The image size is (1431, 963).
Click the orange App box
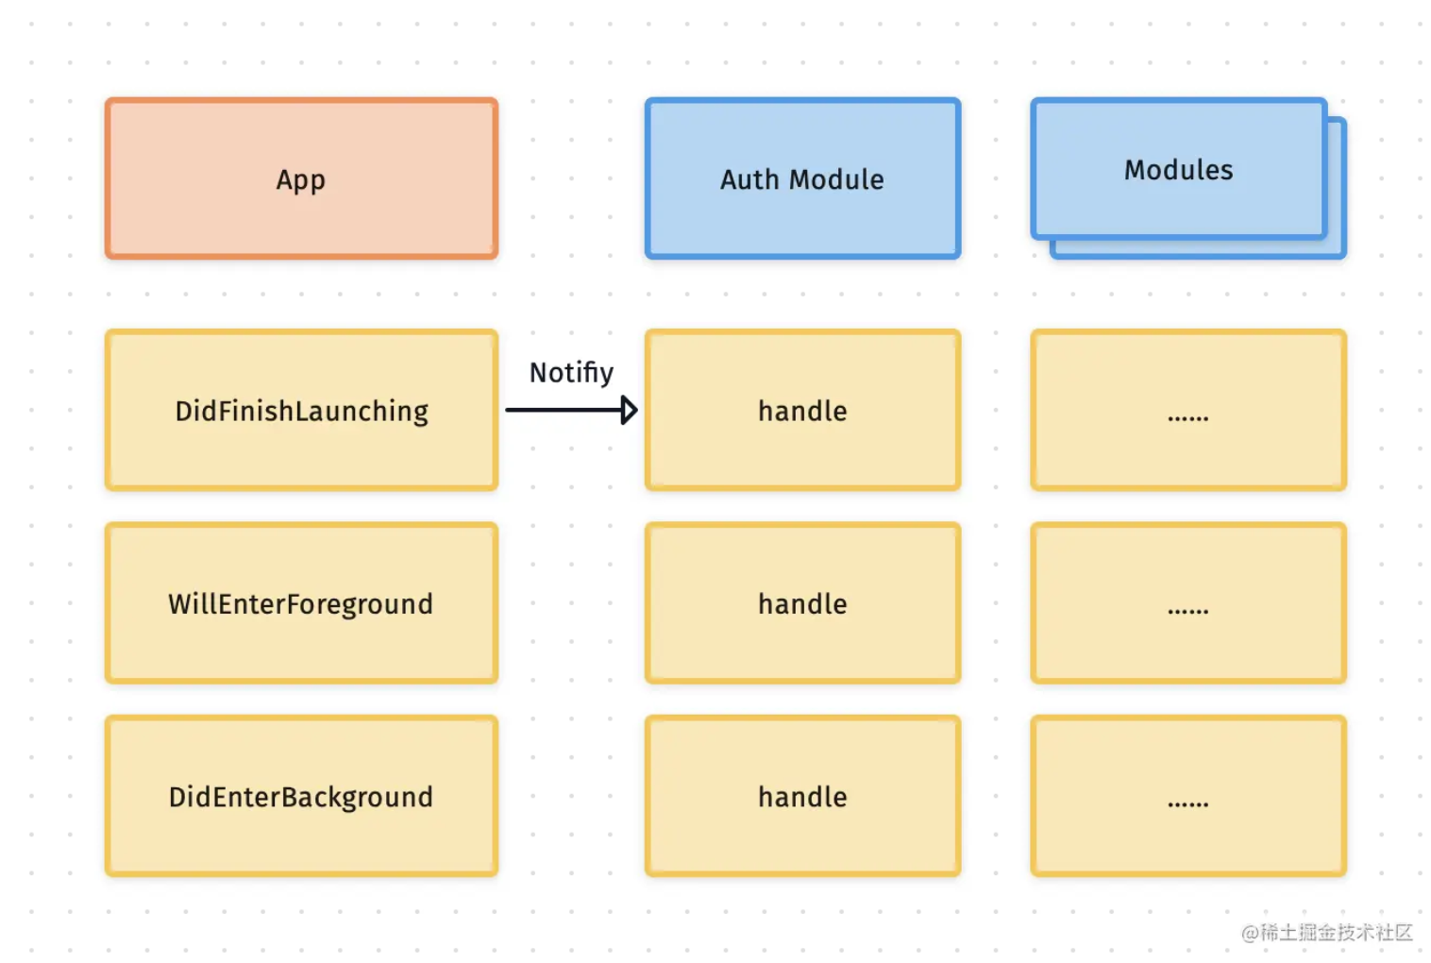pyautogui.click(x=301, y=178)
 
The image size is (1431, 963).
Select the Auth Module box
pyautogui.click(x=803, y=178)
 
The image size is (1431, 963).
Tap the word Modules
pyautogui.click(x=1179, y=170)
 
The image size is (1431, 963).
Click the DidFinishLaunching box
pyautogui.click(x=301, y=411)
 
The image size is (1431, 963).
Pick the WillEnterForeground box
pyautogui.click(x=301, y=603)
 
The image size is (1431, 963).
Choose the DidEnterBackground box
pyautogui.click(x=301, y=796)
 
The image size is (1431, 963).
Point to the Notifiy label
pyautogui.click(x=571, y=373)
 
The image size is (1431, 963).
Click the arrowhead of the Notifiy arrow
pyautogui.click(x=630, y=411)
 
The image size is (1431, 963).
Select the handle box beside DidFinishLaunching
pyautogui.click(x=803, y=411)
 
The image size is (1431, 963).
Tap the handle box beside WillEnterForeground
pyautogui.click(x=803, y=603)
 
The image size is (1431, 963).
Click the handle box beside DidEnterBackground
pyautogui.click(x=803, y=796)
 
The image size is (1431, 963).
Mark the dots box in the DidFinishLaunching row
pyautogui.click(x=1188, y=411)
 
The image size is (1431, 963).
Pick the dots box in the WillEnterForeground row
pyautogui.click(x=1188, y=603)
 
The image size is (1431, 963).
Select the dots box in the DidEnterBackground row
pyautogui.click(x=1188, y=796)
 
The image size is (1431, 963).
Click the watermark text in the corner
pyautogui.click(x=1327, y=933)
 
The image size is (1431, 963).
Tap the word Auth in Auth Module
pyautogui.click(x=749, y=179)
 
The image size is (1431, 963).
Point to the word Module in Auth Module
pyautogui.click(x=837, y=179)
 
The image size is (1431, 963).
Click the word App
pyautogui.click(x=301, y=181)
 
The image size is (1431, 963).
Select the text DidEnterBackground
pyautogui.click(x=301, y=798)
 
